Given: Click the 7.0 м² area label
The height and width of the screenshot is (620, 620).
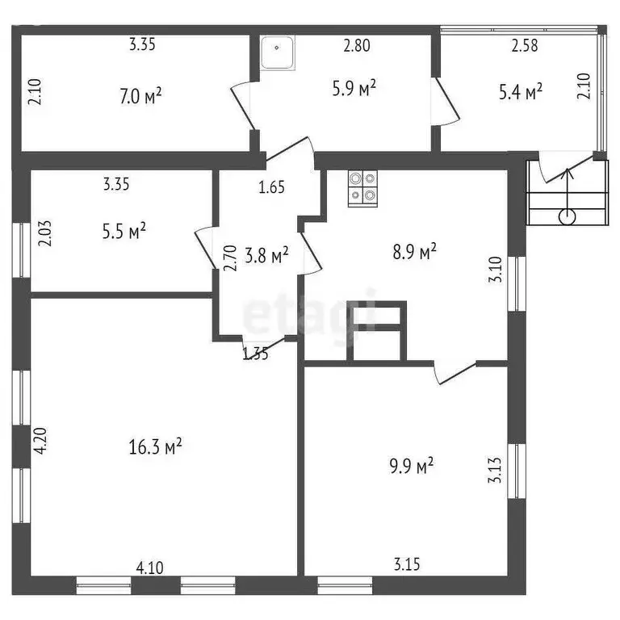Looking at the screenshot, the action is pyautogui.click(x=140, y=96).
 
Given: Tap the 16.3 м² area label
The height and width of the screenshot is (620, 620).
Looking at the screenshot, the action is pyautogui.click(x=155, y=446).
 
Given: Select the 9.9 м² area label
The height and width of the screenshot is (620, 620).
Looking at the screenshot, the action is pyautogui.click(x=411, y=466).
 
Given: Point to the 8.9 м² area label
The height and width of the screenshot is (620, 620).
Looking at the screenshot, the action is pyautogui.click(x=414, y=252).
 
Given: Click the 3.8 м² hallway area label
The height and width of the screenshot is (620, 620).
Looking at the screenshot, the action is pyautogui.click(x=266, y=255).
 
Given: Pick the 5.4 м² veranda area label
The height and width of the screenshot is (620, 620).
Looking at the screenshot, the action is pyautogui.click(x=521, y=92).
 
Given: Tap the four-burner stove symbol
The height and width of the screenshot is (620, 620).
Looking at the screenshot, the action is pyautogui.click(x=362, y=189).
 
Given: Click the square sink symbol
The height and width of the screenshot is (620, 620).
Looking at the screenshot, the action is pyautogui.click(x=277, y=53).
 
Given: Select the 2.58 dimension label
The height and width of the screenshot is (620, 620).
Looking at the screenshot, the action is pyautogui.click(x=525, y=45).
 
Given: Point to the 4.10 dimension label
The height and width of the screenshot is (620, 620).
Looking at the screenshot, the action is pyautogui.click(x=149, y=568).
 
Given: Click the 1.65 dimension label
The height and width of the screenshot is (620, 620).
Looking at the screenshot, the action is pyautogui.click(x=271, y=187).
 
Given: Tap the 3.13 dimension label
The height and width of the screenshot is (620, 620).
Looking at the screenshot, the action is pyautogui.click(x=495, y=470).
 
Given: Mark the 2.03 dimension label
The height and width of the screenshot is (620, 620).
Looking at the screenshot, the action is pyautogui.click(x=44, y=233).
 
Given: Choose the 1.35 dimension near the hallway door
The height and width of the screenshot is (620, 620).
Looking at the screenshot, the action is pyautogui.click(x=255, y=354).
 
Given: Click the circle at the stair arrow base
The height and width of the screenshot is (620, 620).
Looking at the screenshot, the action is pyautogui.click(x=568, y=216).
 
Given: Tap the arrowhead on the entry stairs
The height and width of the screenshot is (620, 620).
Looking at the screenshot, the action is pyautogui.click(x=568, y=173).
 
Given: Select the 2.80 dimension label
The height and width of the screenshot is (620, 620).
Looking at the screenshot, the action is pyautogui.click(x=357, y=45).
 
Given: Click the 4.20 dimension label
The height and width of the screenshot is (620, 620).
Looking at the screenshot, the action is pyautogui.click(x=40, y=441).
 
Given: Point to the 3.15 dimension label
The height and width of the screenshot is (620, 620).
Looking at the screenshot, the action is pyautogui.click(x=407, y=564).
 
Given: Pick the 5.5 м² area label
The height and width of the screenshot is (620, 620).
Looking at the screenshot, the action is pyautogui.click(x=124, y=232).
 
